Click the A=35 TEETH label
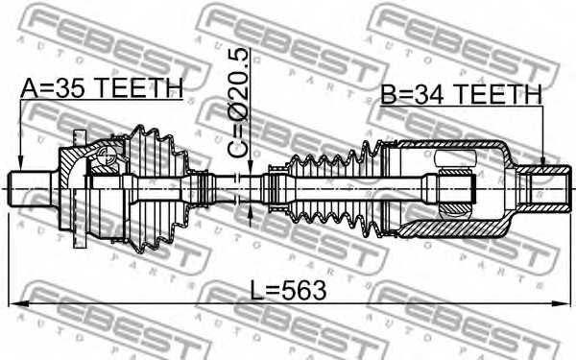tap(101, 88)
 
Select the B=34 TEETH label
tap(461, 94)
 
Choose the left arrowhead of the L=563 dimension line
tap(13, 304)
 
